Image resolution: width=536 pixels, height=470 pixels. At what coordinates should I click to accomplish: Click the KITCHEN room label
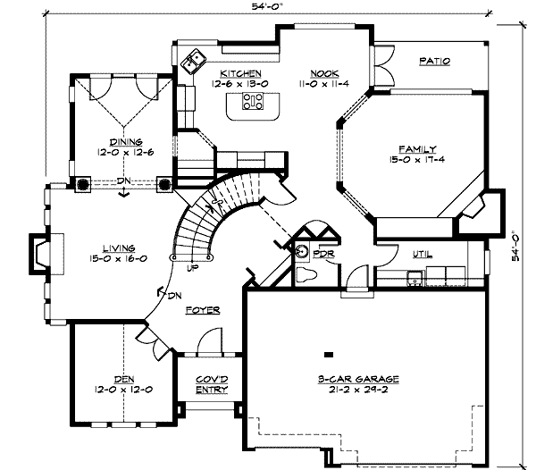point(240,73)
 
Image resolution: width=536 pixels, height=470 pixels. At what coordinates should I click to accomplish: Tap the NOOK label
point(324,73)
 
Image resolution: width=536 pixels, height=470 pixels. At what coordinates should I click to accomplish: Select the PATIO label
point(435,61)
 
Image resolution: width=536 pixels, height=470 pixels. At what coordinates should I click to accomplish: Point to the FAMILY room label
point(417,149)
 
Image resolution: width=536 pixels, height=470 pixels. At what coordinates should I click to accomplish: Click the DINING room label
point(126,142)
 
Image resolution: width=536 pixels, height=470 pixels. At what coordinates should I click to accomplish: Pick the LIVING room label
point(119,248)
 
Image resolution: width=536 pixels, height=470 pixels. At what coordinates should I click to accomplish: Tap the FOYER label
point(203,310)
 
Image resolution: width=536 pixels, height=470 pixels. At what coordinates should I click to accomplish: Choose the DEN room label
point(124,380)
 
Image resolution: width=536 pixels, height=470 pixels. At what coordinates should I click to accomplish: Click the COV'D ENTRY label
point(212,384)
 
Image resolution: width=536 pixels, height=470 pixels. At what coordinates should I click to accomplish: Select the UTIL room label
point(423,255)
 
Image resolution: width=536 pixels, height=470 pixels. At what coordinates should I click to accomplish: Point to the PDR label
point(323,254)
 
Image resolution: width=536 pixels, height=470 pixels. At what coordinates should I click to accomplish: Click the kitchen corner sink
point(193,61)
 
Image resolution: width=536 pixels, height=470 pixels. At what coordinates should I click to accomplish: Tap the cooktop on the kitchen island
point(253,102)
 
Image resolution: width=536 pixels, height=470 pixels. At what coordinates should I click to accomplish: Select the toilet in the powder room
point(306,274)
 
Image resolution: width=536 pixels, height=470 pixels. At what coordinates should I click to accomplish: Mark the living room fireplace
point(46,254)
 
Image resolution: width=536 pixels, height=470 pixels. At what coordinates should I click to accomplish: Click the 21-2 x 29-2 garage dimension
point(358,390)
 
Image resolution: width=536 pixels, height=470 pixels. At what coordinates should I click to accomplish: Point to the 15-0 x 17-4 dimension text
point(416,159)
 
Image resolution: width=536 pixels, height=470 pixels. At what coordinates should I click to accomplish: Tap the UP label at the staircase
point(193,268)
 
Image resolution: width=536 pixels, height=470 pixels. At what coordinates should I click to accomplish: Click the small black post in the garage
point(329,355)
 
